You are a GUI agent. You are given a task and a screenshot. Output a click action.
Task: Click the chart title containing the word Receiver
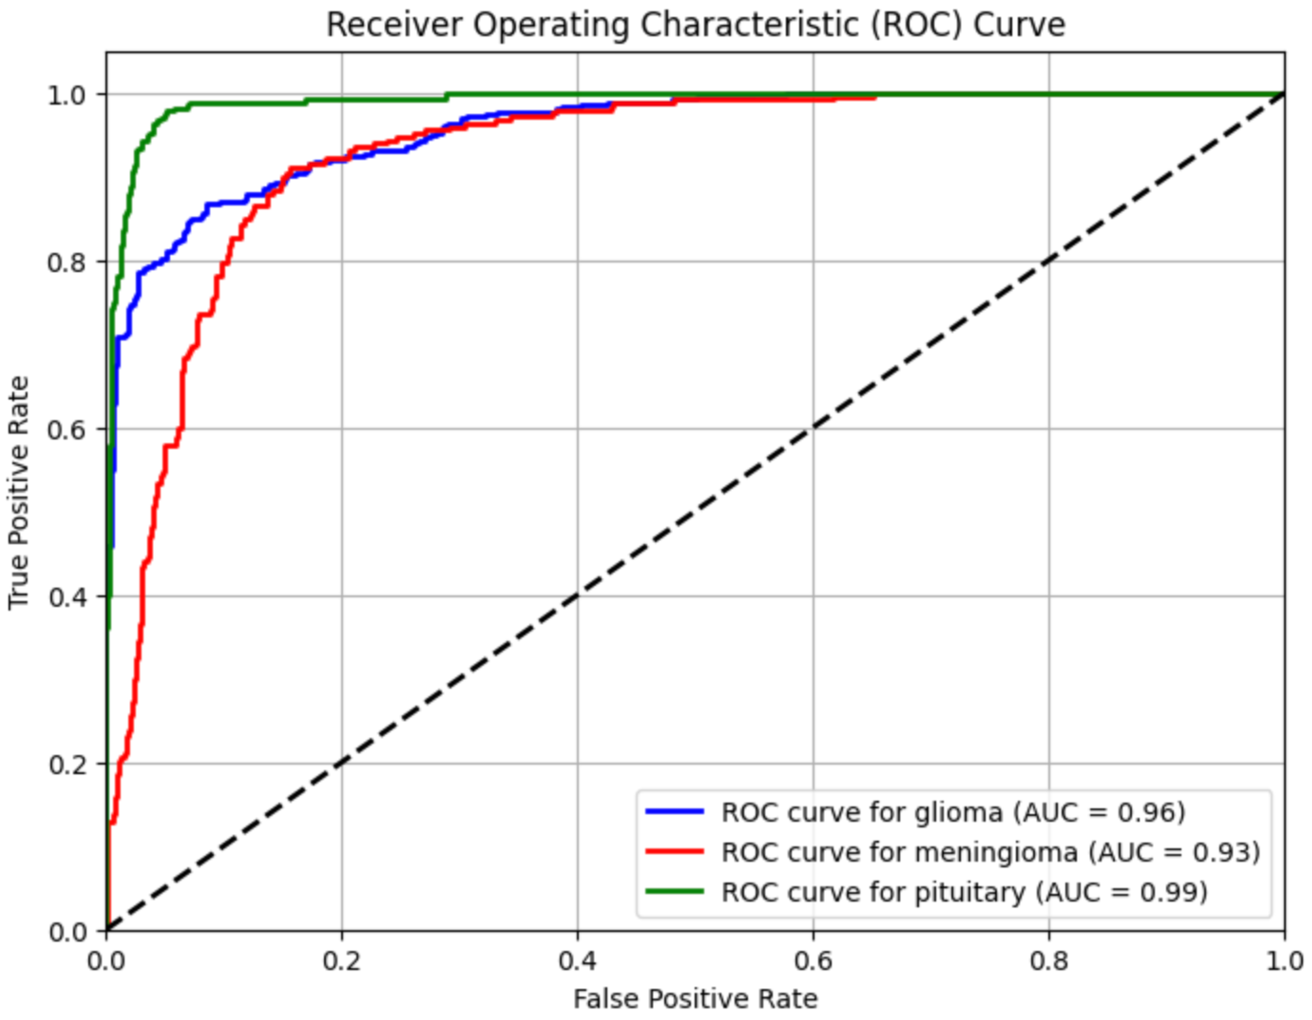tap(695, 25)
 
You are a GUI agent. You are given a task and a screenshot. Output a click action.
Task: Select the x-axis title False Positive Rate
tap(695, 998)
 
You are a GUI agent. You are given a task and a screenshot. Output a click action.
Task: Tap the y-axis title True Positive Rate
tap(19, 492)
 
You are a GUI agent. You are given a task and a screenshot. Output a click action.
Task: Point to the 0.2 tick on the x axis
tap(342, 961)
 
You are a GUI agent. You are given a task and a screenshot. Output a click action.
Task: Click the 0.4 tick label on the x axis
tap(577, 961)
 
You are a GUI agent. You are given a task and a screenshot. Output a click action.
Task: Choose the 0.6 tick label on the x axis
tap(813, 961)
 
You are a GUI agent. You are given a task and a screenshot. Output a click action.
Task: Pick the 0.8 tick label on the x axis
tap(1049, 961)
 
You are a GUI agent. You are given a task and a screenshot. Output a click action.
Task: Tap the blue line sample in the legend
tap(674, 812)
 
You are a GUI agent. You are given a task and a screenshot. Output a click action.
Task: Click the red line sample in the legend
tap(674, 852)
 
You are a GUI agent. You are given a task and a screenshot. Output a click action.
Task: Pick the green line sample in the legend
tap(674, 891)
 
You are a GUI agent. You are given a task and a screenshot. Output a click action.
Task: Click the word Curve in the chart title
tap(1019, 25)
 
